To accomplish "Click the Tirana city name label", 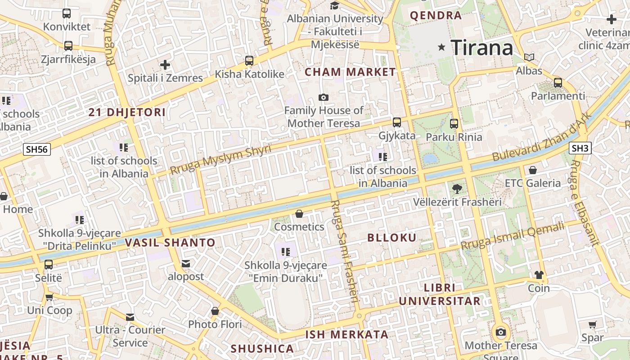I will point(482,47).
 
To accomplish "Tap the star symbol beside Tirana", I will point(441,47).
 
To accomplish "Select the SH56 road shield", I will point(37,149).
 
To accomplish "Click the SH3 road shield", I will point(580,148).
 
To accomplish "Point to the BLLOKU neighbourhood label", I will point(392,238).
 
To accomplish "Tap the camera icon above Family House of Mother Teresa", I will point(323,97).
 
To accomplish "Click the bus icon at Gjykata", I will point(396,122).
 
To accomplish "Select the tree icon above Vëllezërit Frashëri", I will point(457,189).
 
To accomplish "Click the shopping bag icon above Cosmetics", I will point(299,214).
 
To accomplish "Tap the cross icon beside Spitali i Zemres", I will point(165,65).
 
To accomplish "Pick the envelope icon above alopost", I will point(186,264).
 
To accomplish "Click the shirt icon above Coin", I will point(539,275).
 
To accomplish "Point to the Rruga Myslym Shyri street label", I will point(220,159).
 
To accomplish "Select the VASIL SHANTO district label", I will point(170,243).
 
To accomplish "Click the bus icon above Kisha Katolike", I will point(249,61).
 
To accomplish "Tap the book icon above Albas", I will point(529,58).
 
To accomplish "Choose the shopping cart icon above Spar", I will point(593,324).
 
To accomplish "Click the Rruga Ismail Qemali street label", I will point(513,237).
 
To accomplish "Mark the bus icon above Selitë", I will point(49,265).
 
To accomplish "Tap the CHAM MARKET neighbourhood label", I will point(350,72).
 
